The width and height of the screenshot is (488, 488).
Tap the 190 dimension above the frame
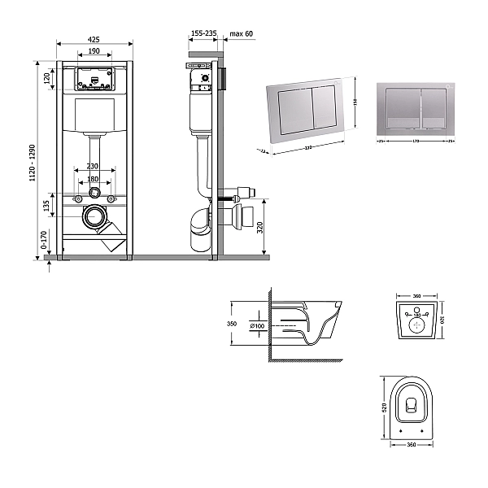pyautogui.click(x=94, y=50)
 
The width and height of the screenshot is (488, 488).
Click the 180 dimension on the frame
pyautogui.click(x=94, y=179)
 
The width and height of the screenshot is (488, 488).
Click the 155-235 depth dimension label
pyautogui.click(x=203, y=33)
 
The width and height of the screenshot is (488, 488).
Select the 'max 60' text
pyautogui.click(x=242, y=33)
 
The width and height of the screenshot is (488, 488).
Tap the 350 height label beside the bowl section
pyautogui.click(x=231, y=323)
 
